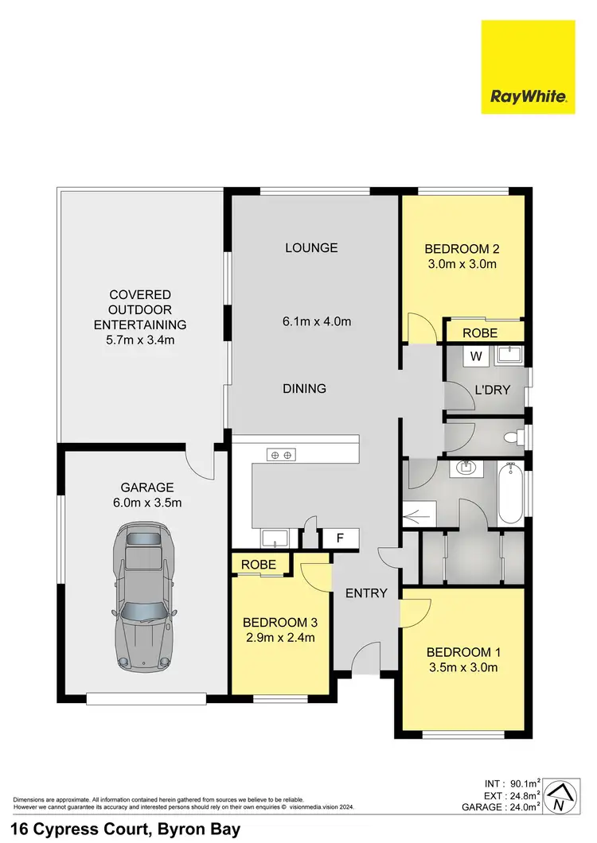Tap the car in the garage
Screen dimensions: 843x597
pyautogui.click(x=144, y=596)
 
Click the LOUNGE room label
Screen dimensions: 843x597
pyautogui.click(x=311, y=248)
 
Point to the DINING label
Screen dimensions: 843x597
pyautogui.click(x=304, y=389)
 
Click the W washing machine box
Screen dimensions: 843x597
pyautogui.click(x=475, y=356)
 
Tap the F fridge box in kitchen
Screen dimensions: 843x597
pyautogui.click(x=340, y=538)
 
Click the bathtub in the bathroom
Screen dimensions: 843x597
pyautogui.click(x=509, y=495)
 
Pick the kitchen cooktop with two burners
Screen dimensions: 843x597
pyautogui.click(x=280, y=455)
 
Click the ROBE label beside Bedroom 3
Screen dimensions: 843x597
pyautogui.click(x=259, y=565)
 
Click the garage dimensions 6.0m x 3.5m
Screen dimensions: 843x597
pyautogui.click(x=147, y=503)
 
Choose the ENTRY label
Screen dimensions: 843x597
pyautogui.click(x=365, y=593)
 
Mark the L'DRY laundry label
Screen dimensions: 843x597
pyautogui.click(x=492, y=390)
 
